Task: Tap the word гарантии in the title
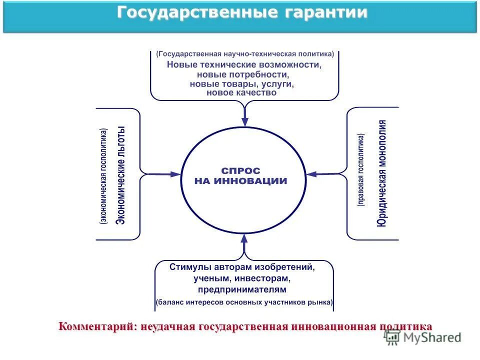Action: pos(326,13)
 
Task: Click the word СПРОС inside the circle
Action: pos(241,171)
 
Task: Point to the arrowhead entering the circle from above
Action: pos(245,121)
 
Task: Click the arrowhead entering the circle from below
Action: pos(244,238)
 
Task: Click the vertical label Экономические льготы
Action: pos(120,175)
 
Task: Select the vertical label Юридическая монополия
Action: pos(382,173)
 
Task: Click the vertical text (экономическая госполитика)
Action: pos(103,175)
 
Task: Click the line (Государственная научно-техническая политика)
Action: pos(244,54)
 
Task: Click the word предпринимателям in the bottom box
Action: pos(242,289)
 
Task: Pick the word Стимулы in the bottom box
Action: pos(185,267)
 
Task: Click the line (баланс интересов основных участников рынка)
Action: pos(244,302)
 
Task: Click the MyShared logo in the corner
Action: pos(422,337)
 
